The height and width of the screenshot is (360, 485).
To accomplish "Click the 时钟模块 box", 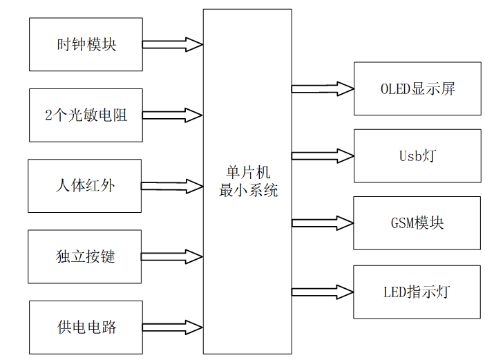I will pyautogui.click(x=86, y=44).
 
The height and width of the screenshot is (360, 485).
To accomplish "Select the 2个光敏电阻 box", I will pyautogui.click(x=86, y=115).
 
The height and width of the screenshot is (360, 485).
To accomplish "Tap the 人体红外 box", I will pyautogui.click(x=84, y=186).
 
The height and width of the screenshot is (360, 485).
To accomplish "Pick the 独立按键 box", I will pyautogui.click(x=84, y=256).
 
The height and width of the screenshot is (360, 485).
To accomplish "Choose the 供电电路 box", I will pyautogui.click(x=86, y=327).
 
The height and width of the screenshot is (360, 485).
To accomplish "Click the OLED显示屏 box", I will pyautogui.click(x=417, y=88).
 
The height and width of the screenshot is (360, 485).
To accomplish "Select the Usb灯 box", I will pyautogui.click(x=417, y=155).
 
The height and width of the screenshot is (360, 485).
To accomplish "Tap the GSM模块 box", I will pyautogui.click(x=417, y=222).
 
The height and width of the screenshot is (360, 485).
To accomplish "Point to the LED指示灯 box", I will pyautogui.click(x=417, y=291).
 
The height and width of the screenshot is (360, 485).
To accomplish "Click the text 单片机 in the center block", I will pyautogui.click(x=247, y=173).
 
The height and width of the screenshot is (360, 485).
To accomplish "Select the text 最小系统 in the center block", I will pyautogui.click(x=247, y=191).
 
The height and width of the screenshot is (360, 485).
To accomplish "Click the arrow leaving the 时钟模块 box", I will pyautogui.click(x=173, y=44).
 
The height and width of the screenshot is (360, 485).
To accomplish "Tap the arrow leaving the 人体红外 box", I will pyautogui.click(x=173, y=186).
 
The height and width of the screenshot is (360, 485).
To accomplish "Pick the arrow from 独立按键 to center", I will pyautogui.click(x=173, y=256).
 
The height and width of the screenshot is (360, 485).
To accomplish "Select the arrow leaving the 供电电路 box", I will pyautogui.click(x=173, y=327).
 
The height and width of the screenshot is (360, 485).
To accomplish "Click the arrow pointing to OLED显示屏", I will pyautogui.click(x=323, y=88).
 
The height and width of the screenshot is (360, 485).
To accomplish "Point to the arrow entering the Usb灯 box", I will pyautogui.click(x=323, y=155).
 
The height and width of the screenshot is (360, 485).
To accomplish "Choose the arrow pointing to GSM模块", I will pyautogui.click(x=323, y=222).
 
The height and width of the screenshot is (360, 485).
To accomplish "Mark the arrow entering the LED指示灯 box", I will pyautogui.click(x=323, y=291).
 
